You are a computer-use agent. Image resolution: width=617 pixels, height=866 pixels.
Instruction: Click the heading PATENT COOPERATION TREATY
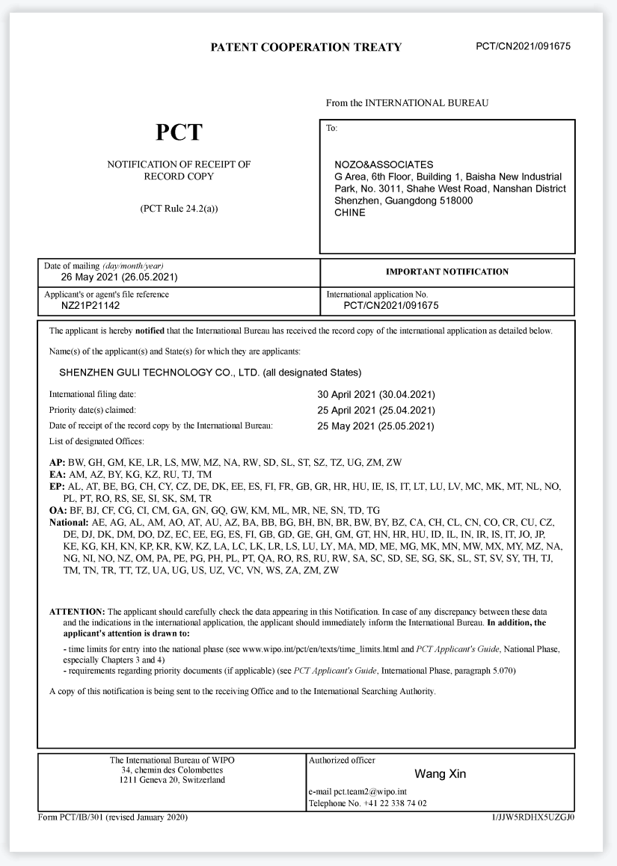coord(306,47)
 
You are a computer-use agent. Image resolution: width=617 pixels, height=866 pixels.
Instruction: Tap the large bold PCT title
coord(179,132)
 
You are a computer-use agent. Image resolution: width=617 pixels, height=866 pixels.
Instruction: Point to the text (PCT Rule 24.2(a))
coord(179,209)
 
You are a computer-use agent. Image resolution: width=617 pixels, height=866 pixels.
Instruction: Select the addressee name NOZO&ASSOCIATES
coord(384,165)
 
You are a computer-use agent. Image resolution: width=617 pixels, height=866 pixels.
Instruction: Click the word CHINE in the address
coord(350,212)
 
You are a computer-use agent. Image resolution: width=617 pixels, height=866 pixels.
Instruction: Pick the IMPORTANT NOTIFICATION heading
coord(446,272)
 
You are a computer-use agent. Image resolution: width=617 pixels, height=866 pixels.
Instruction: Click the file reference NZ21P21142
coord(90,305)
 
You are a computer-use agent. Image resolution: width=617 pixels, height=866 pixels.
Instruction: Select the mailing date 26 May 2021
coord(119,277)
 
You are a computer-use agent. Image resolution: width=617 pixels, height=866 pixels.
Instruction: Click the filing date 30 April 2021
coord(376,394)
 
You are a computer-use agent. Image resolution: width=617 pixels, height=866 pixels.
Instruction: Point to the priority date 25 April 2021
coord(376,411)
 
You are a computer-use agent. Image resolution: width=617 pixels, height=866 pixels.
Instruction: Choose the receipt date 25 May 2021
coord(376,426)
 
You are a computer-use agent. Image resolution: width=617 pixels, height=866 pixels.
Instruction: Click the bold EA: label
coord(57,475)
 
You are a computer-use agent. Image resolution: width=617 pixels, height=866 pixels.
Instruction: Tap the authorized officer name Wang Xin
coord(440,774)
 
